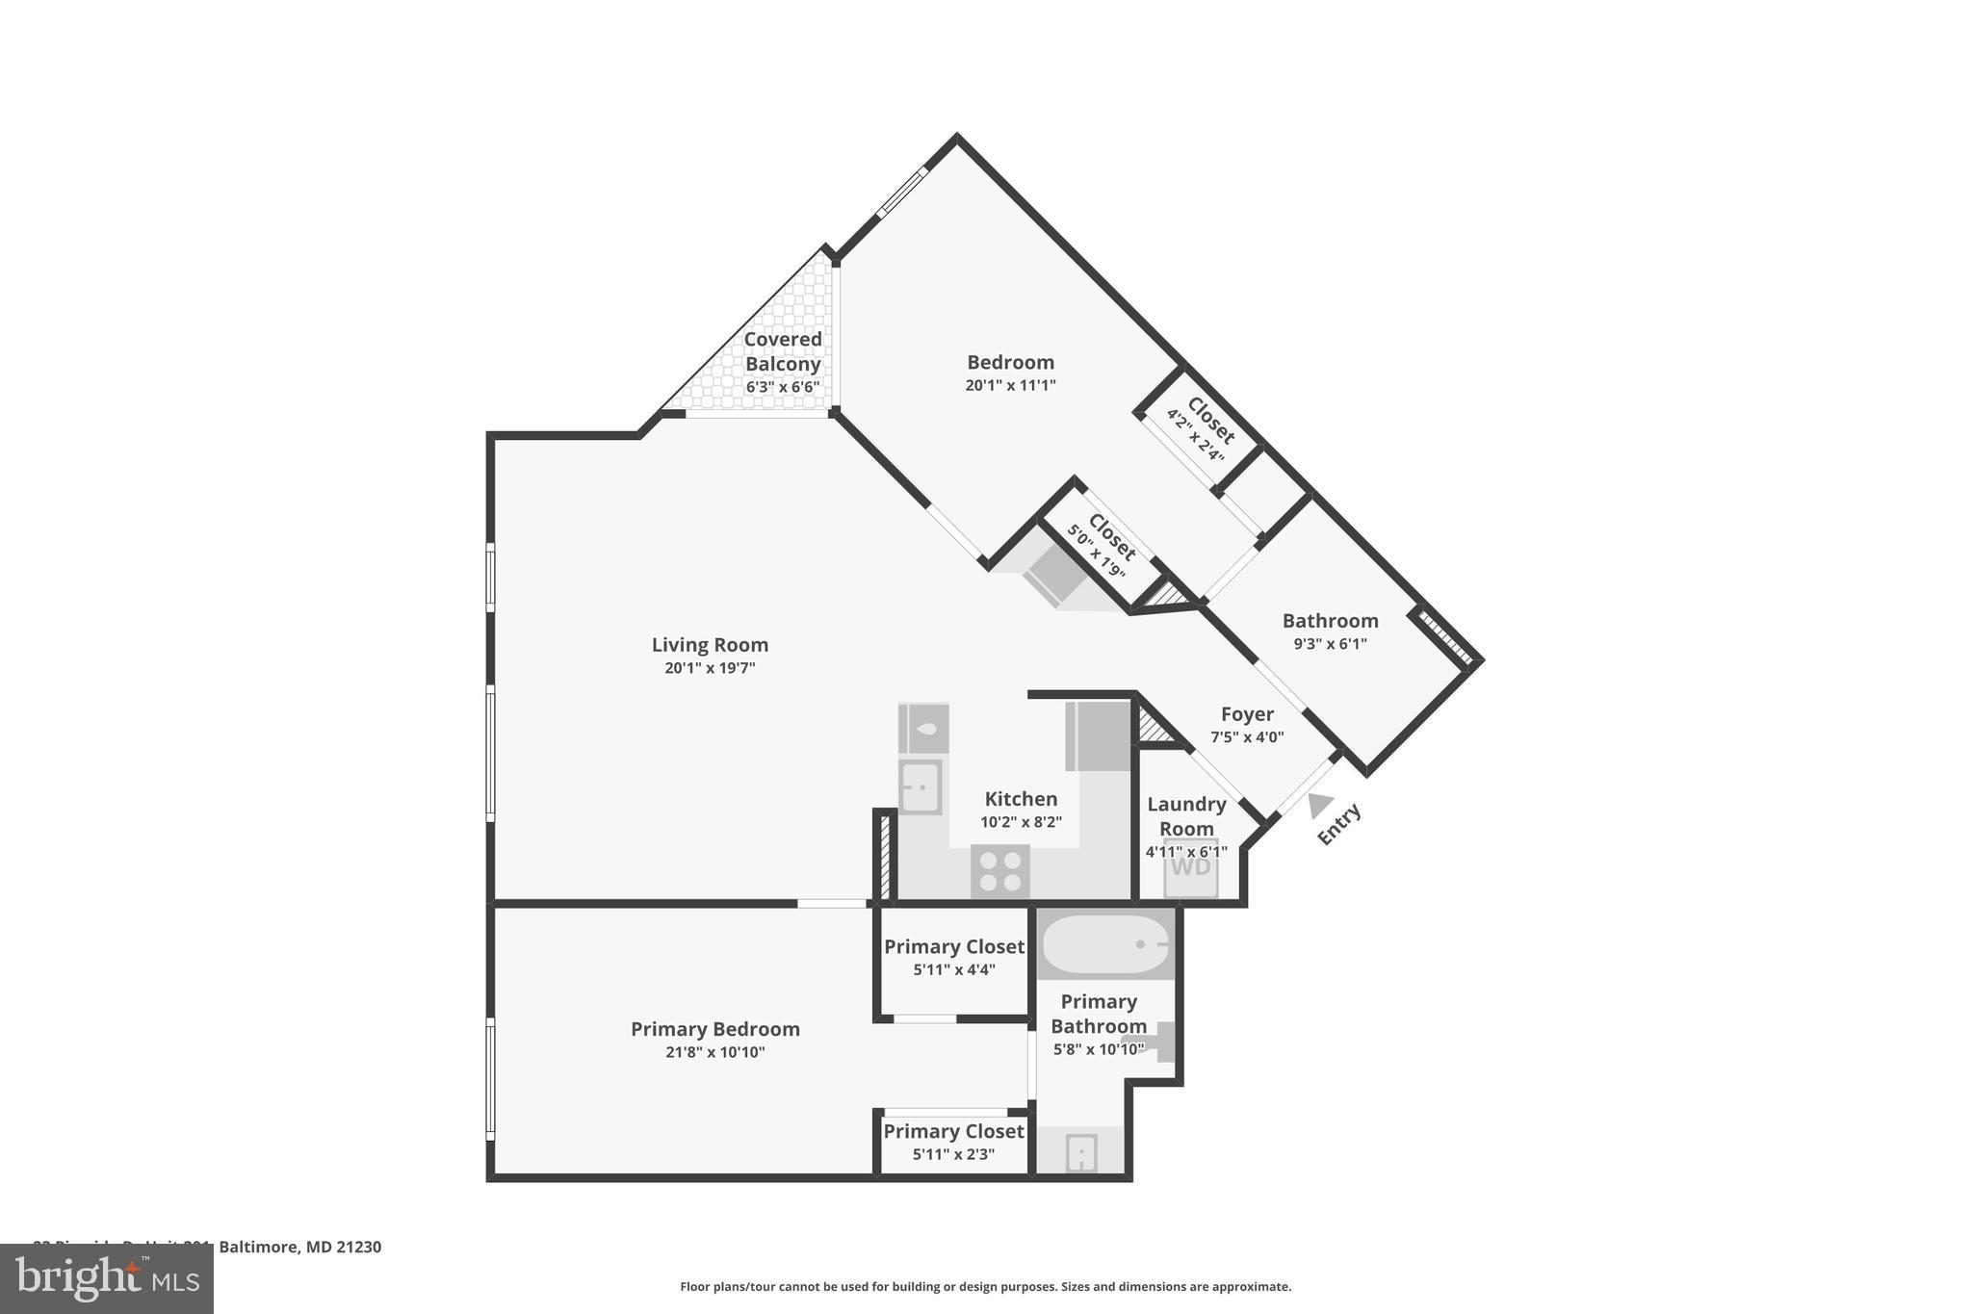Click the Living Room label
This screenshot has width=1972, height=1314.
(710, 645)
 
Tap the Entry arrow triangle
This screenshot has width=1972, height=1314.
(1320, 805)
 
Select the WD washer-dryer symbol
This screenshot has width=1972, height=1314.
(1191, 866)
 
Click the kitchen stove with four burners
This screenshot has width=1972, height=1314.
(1000, 871)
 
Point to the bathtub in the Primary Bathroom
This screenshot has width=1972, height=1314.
(1105, 944)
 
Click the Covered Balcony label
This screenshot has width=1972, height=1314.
(783, 351)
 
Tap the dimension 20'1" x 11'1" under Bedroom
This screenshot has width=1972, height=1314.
(1010, 385)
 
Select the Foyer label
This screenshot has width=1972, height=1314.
(1247, 714)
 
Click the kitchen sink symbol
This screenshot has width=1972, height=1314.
(920, 786)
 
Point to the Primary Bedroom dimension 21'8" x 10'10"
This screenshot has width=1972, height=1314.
(714, 1052)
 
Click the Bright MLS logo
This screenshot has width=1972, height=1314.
(107, 1278)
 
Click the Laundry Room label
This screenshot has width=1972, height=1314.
(1186, 816)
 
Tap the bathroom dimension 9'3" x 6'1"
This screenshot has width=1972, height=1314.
(1330, 644)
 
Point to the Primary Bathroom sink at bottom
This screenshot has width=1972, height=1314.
(1080, 1151)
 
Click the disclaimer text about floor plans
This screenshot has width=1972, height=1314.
(985, 1286)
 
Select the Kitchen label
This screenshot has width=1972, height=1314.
(1021, 799)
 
